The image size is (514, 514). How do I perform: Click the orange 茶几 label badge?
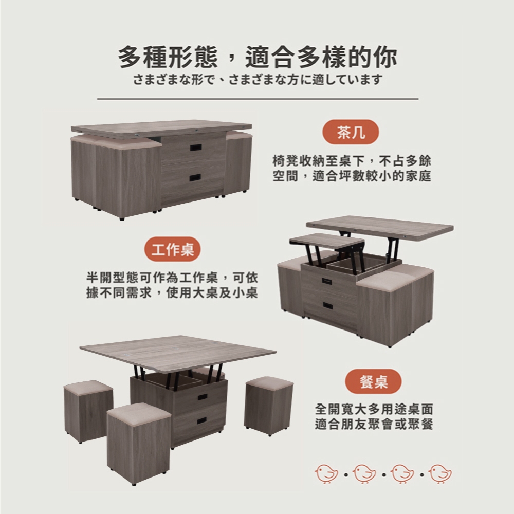point(351,133)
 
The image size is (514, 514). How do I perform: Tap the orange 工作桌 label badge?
point(172,249)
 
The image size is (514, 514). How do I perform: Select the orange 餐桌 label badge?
point(373,381)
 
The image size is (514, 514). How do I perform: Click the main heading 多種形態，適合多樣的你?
point(258,57)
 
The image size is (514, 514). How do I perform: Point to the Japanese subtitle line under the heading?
point(258,80)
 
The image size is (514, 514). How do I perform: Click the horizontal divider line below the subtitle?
point(258,98)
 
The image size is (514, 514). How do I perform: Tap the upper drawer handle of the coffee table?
point(196,148)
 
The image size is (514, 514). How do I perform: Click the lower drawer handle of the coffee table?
point(196,178)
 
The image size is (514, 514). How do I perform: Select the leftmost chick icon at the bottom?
point(326,473)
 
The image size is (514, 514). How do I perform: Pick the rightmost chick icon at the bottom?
point(440,473)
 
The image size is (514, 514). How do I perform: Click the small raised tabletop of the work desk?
point(327,241)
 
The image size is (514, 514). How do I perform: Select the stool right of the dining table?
point(269,406)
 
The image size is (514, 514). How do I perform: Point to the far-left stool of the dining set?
point(88,411)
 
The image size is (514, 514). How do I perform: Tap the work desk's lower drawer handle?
point(328,305)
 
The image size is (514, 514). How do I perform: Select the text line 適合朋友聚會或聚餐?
point(374,424)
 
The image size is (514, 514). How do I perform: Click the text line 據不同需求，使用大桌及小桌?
point(172,292)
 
